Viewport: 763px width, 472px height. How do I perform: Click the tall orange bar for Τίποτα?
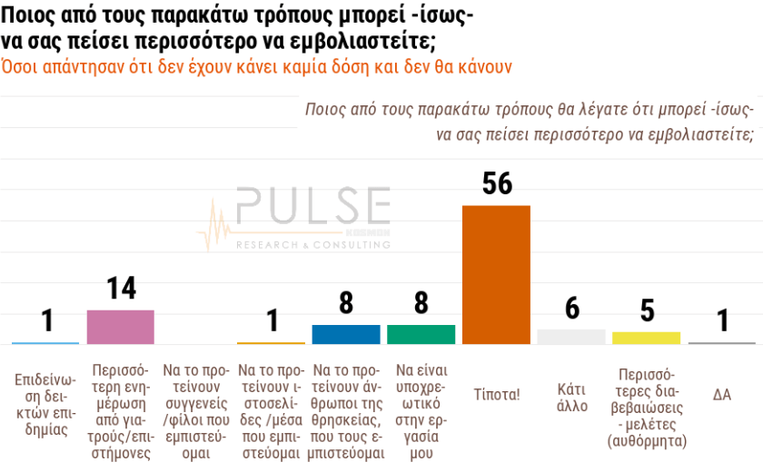[x=496, y=275]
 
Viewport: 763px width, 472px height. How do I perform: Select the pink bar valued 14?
[x=120, y=327]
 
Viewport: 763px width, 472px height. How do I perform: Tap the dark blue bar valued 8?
[x=345, y=334]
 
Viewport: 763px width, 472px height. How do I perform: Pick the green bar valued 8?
[x=421, y=334]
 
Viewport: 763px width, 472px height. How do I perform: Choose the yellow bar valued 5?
[x=646, y=338]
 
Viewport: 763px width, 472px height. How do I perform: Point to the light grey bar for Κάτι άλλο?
[x=571, y=337]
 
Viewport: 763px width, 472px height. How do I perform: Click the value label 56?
[x=497, y=184]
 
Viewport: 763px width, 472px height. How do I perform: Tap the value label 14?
[x=121, y=289]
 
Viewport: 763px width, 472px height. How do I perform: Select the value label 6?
[x=571, y=309]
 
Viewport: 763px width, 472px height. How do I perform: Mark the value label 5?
[x=647, y=310]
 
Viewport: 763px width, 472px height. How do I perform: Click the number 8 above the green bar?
[x=421, y=303]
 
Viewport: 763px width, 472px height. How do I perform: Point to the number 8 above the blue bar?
[x=345, y=303]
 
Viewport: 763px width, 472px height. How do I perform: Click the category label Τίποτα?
[x=496, y=395]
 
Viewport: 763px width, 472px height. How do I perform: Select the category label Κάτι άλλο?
[x=571, y=397]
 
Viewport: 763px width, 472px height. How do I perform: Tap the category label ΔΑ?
[x=721, y=395]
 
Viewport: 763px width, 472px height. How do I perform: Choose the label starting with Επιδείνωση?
[x=45, y=403]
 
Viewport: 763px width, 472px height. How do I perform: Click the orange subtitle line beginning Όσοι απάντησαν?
[x=257, y=67]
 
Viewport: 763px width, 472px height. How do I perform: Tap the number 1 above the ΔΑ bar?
[x=722, y=321]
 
